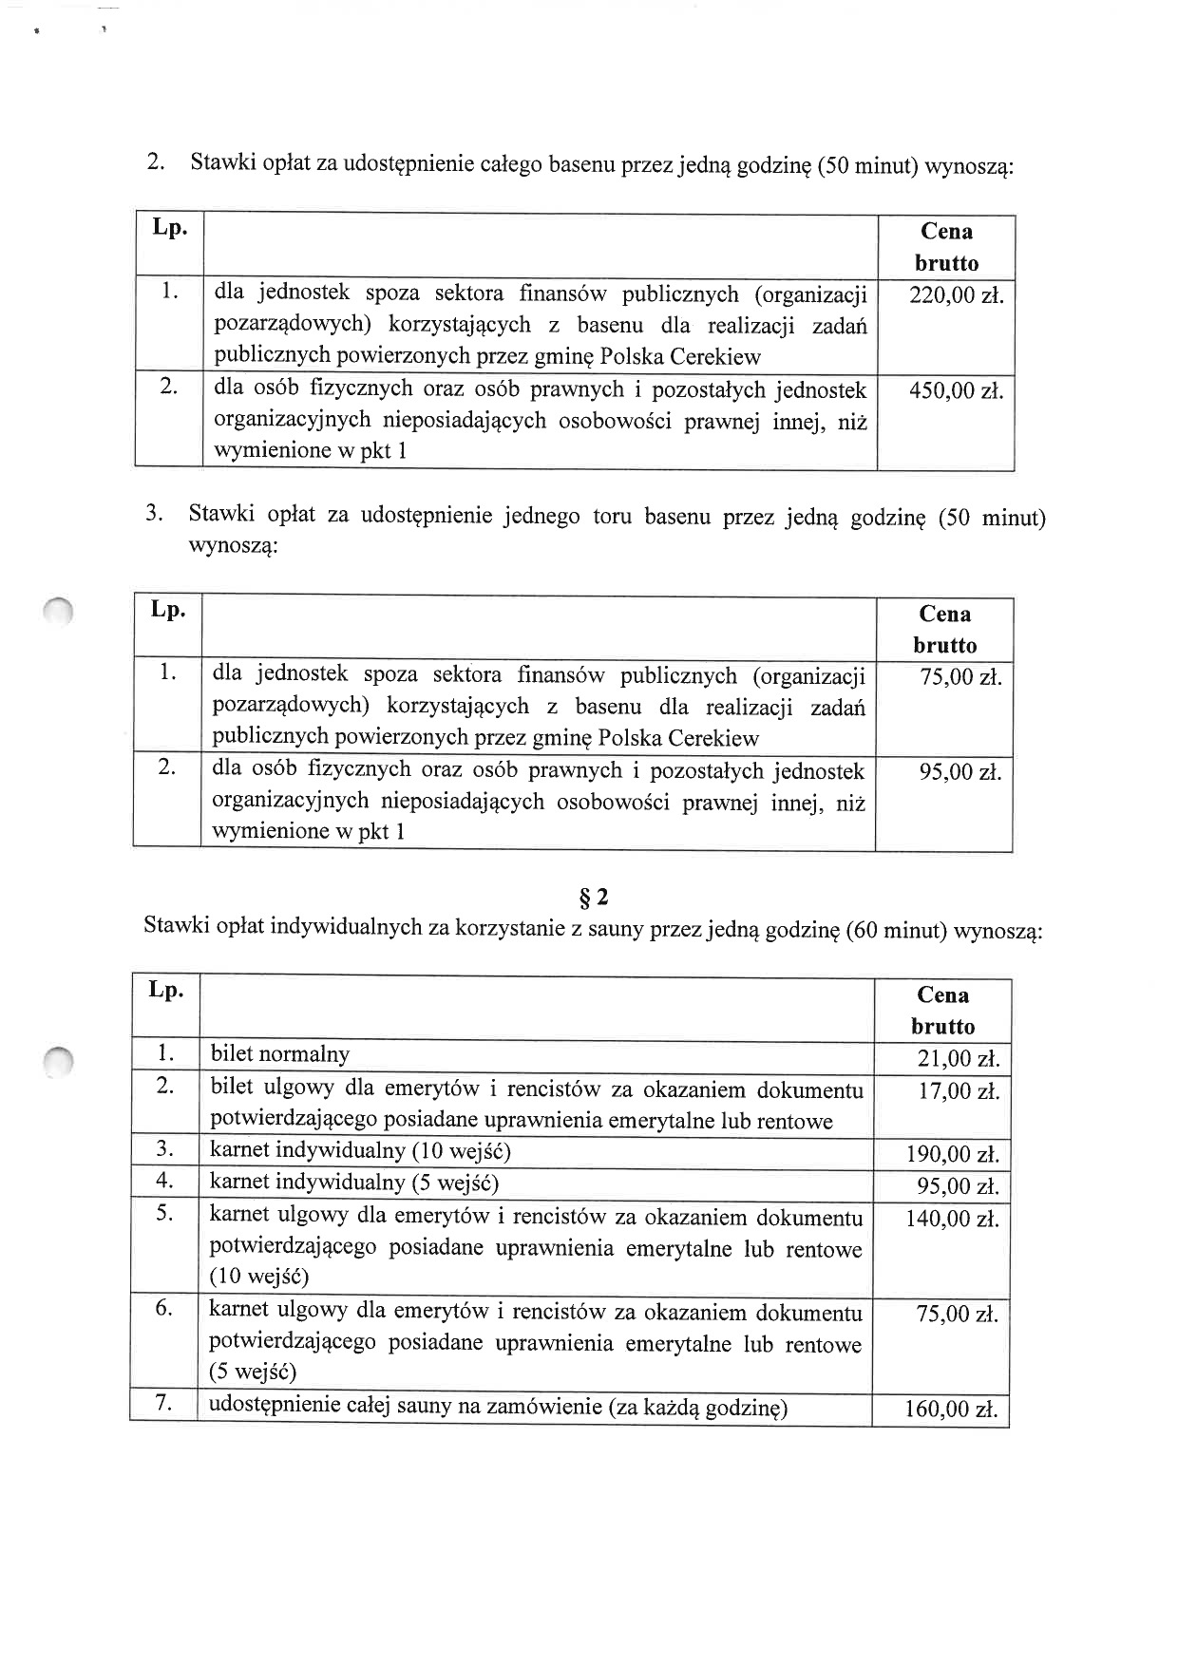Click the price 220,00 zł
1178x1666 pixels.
956,295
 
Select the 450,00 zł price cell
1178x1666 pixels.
956,390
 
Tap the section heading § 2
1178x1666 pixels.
594,897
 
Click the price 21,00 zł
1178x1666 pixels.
958,1059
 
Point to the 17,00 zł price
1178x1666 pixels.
958,1091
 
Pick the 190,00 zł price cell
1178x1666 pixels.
952,1154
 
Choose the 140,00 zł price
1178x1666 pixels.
952,1219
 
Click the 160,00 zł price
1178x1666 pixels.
951,1409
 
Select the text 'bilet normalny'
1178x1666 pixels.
280,1054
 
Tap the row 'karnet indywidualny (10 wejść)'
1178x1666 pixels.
360,1151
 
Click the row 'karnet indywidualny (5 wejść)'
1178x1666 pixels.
353,1183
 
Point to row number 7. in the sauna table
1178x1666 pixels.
163,1403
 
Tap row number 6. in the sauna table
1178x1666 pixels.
163,1308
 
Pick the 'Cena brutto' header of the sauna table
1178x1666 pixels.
942,1011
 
